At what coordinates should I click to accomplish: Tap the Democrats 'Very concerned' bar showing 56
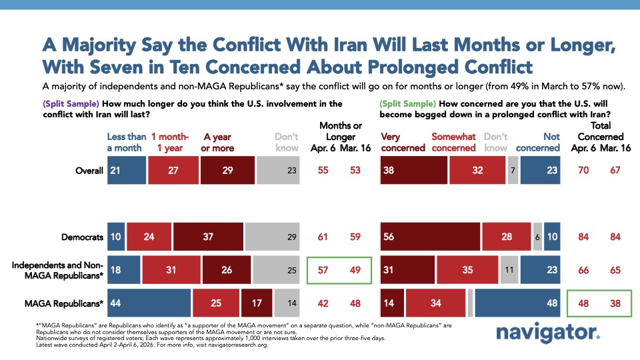click(x=430, y=236)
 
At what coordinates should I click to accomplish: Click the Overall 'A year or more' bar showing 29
click(x=227, y=170)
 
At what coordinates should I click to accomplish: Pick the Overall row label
click(x=89, y=170)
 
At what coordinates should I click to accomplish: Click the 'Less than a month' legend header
click(x=125, y=142)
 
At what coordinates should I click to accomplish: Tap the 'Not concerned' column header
click(x=542, y=142)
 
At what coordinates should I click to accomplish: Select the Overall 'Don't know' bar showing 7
click(x=513, y=170)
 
